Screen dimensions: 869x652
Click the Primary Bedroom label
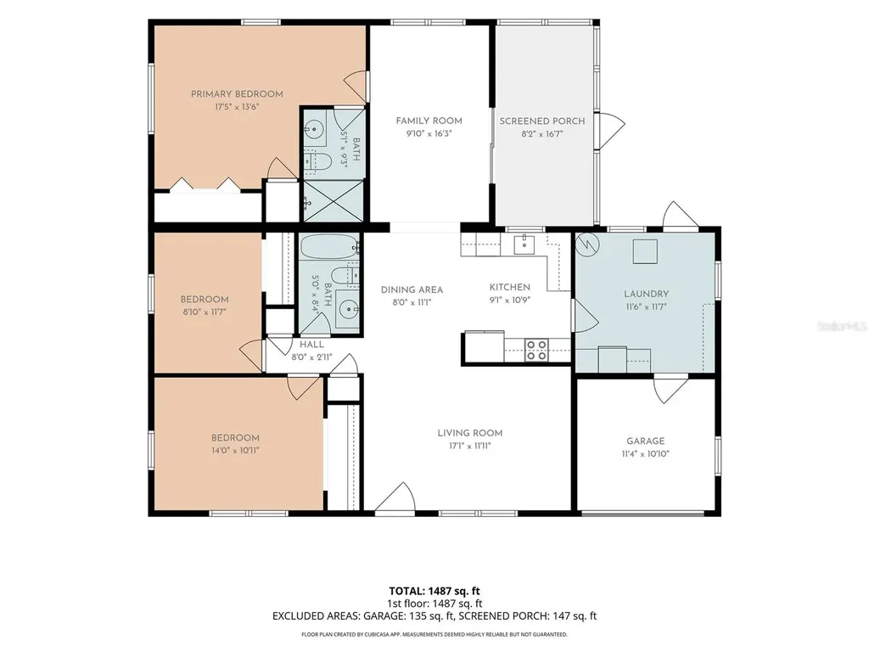coord(237,94)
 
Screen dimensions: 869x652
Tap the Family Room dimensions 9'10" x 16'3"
coord(429,133)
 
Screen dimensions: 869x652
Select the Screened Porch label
coord(542,121)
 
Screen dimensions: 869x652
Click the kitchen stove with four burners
coord(536,351)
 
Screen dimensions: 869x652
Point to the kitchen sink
coord(524,244)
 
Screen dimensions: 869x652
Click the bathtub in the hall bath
coord(329,246)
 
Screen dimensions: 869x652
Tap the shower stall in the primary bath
coord(333,200)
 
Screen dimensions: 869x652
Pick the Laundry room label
coord(646,294)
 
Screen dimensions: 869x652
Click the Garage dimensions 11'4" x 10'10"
coord(646,453)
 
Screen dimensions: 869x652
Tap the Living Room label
coord(470,433)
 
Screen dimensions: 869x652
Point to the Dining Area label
coord(412,289)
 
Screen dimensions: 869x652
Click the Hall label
coord(312,345)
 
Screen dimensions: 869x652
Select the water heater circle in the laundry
coord(586,243)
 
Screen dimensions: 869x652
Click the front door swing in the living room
coord(395,496)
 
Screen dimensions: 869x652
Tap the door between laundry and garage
coord(670,389)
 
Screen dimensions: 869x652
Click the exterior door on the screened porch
coord(610,131)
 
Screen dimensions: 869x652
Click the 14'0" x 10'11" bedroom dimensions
coord(235,450)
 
